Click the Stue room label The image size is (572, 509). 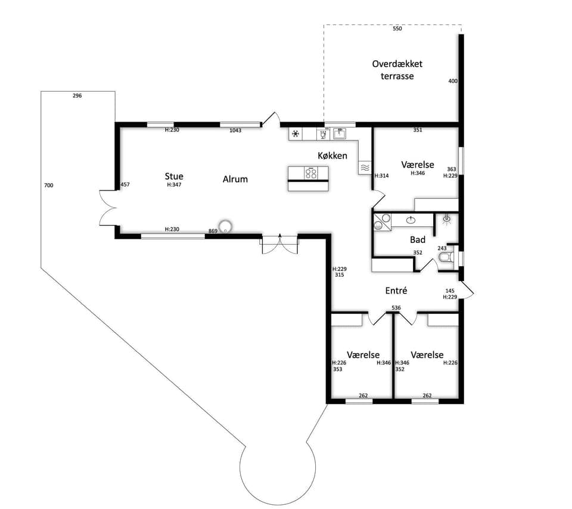click(x=174, y=176)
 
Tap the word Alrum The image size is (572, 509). click(x=235, y=179)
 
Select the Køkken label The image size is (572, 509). click(x=332, y=156)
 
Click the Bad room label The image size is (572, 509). click(x=418, y=239)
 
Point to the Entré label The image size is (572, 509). click(x=396, y=291)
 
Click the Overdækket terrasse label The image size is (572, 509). click(x=397, y=70)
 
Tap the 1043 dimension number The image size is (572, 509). click(x=235, y=130)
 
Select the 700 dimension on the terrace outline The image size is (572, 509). click(x=48, y=185)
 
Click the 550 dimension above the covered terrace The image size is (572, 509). click(x=397, y=29)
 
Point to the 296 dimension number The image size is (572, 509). click(x=77, y=96)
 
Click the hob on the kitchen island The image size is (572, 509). click(x=311, y=173)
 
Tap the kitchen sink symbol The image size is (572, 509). click(x=340, y=133)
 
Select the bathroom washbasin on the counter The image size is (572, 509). click(x=411, y=220)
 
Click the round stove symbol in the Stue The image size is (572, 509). click(x=225, y=226)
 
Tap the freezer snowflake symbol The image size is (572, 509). click(x=296, y=134)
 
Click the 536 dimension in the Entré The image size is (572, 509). click(x=396, y=308)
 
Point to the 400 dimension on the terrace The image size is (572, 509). click(x=453, y=81)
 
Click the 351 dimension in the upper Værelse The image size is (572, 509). click(x=418, y=130)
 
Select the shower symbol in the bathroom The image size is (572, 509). click(x=446, y=220)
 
